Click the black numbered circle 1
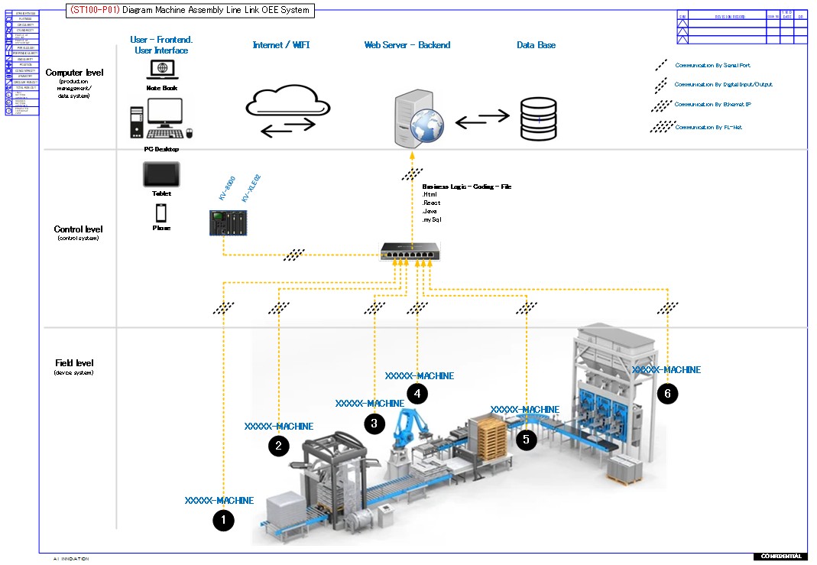coord(222,521)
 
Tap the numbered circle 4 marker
coord(417,394)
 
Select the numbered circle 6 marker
coord(667,394)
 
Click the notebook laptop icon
coord(162,69)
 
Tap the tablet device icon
coord(161,174)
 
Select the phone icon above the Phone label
coord(161,213)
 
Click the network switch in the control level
coord(409,250)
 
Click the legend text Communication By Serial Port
coord(712,66)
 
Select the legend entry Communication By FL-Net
coord(708,128)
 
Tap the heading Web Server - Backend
coord(407,45)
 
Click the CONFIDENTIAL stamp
coord(780,556)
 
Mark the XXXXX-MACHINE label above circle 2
coord(278,426)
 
